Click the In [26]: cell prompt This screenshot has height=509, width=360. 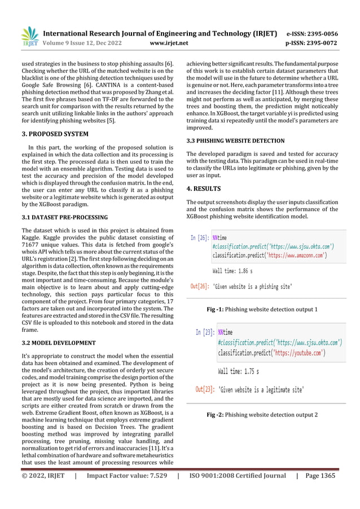click(x=199, y=239)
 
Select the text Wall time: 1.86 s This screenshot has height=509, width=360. click(x=236, y=271)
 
